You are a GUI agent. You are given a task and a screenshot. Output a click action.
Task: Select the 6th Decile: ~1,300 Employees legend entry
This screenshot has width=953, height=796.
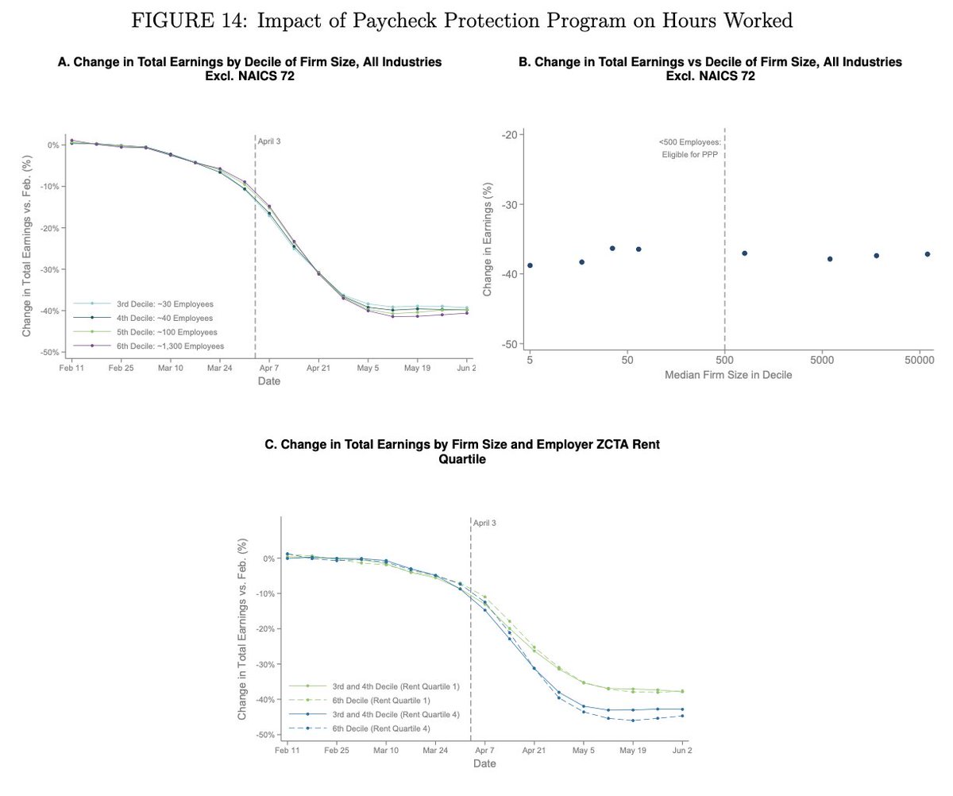pos(170,346)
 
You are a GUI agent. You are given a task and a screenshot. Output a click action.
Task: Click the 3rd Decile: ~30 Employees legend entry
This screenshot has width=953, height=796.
pos(164,304)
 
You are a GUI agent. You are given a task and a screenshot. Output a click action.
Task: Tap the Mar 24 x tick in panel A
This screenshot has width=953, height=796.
pos(220,369)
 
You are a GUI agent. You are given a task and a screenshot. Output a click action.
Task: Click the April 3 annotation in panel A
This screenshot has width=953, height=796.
pos(269,141)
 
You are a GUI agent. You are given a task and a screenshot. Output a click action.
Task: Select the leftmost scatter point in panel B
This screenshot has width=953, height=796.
pos(530,265)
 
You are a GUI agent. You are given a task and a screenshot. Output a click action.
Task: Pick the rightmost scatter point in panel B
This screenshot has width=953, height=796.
pos(927,254)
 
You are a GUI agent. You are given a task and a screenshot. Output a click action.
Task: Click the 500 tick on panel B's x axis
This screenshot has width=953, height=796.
pos(724,360)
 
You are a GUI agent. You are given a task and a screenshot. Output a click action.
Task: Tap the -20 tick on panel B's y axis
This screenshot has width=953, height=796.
pos(511,134)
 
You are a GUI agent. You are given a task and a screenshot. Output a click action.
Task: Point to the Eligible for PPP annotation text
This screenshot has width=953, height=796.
pos(690,155)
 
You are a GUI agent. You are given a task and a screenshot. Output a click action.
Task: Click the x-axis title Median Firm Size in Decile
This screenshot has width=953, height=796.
pos(728,375)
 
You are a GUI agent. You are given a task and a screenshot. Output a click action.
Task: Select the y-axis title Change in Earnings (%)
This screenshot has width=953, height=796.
pos(488,238)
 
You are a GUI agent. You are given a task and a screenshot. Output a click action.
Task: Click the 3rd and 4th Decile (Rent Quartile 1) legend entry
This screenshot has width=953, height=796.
pos(395,686)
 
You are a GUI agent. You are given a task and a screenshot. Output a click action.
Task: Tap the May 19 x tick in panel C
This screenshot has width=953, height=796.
pos(633,750)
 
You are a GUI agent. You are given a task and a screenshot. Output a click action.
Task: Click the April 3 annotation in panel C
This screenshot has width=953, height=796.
pos(484,524)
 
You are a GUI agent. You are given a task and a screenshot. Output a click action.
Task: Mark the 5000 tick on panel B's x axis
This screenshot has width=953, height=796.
pos(822,360)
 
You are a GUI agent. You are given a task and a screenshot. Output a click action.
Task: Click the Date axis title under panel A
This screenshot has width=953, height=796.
pos(269,381)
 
